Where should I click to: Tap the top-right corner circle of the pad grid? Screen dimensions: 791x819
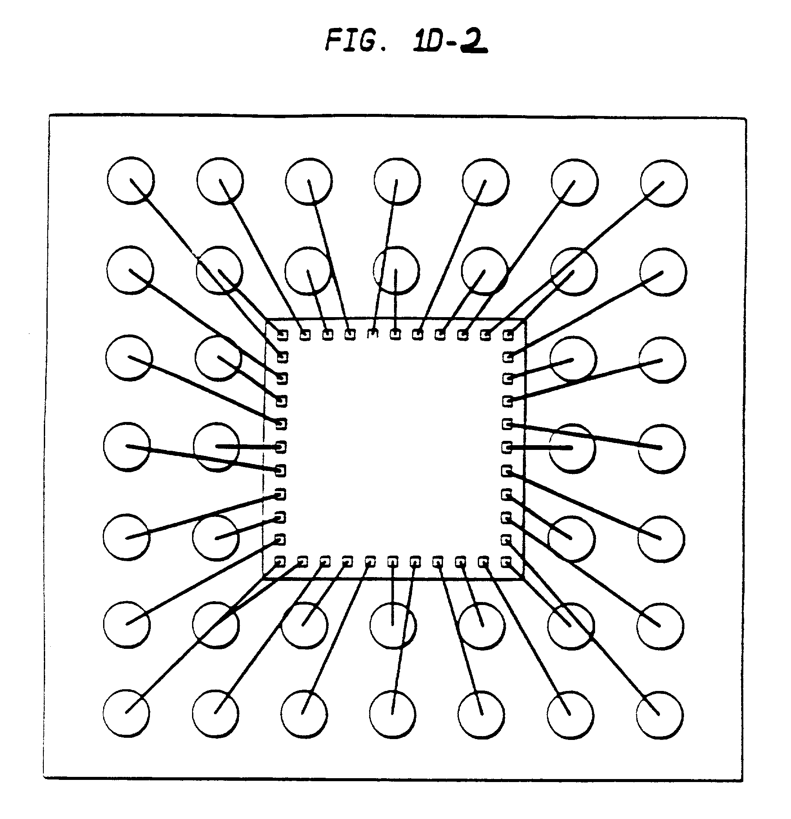[664, 183]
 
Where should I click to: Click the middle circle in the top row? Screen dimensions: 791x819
[397, 181]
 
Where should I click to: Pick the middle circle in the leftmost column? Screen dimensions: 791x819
[127, 447]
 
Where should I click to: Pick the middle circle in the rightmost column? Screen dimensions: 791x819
[662, 448]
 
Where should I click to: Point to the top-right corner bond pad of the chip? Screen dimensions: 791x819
[509, 334]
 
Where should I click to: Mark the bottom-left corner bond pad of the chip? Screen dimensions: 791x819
[280, 561]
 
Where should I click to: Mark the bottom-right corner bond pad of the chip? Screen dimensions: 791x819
[507, 561]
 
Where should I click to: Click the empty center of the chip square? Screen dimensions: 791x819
[394, 447]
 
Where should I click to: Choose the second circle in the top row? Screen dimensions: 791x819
[220, 180]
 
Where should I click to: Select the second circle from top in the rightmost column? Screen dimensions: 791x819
[663, 272]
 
